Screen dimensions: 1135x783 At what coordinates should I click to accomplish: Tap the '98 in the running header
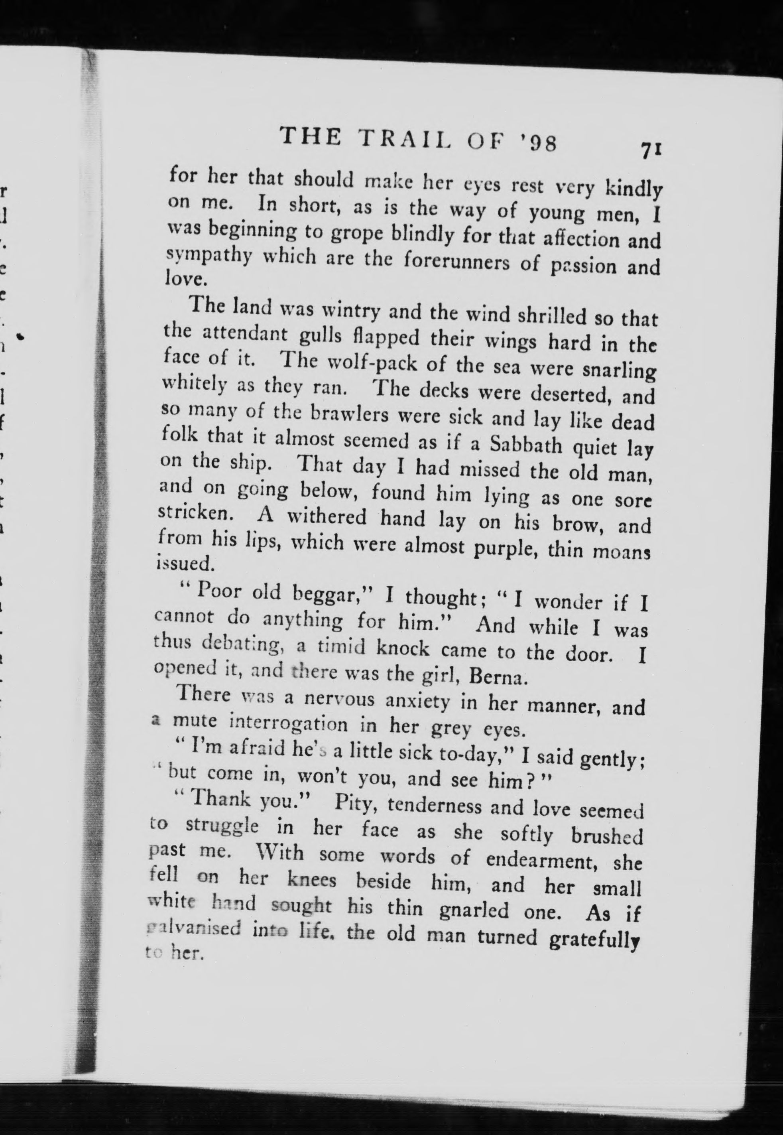coord(540,145)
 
